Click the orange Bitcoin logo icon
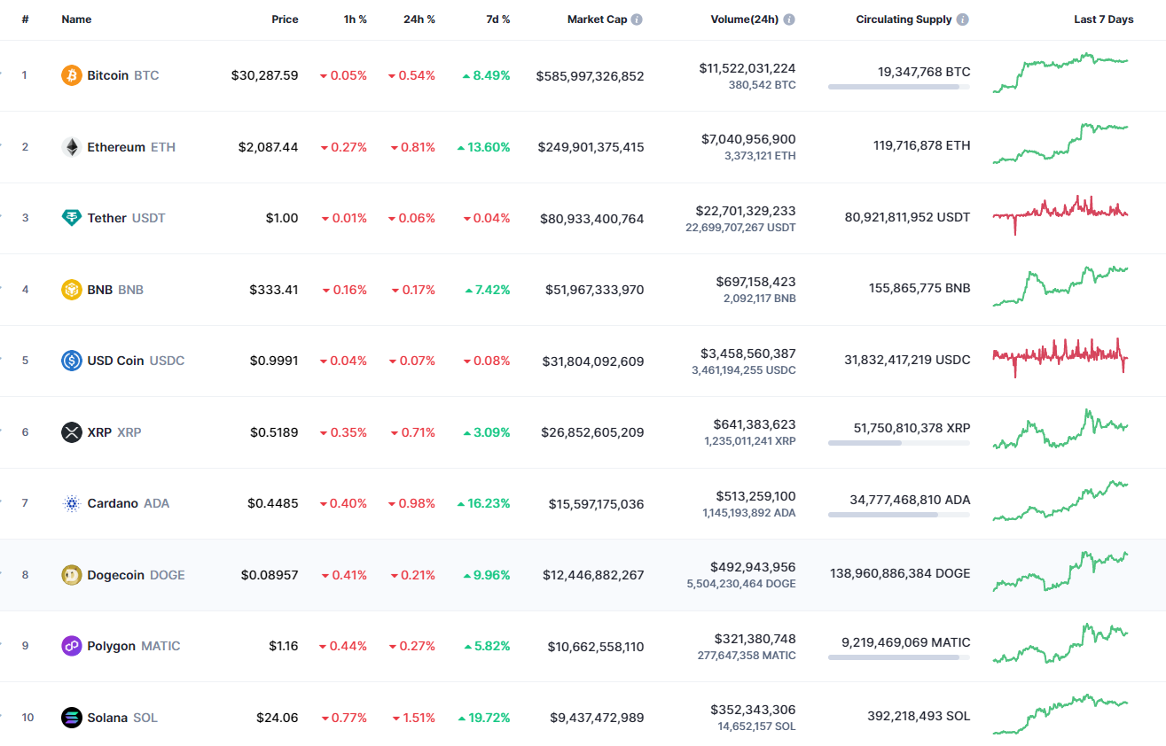pos(72,75)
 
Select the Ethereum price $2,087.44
pos(268,147)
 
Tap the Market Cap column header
pos(597,19)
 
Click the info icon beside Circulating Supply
pos(963,19)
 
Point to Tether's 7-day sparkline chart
pos(1060,214)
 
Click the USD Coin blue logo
pos(72,361)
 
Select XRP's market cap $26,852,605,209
pos(592,432)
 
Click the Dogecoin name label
pos(115,575)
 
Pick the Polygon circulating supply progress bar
pos(898,657)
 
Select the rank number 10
pos(27,718)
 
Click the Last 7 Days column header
pos(1103,19)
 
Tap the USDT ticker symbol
pos(148,218)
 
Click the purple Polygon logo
pos(72,646)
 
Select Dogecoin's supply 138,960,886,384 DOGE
pos(900,573)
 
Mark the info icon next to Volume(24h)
pos(789,19)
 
